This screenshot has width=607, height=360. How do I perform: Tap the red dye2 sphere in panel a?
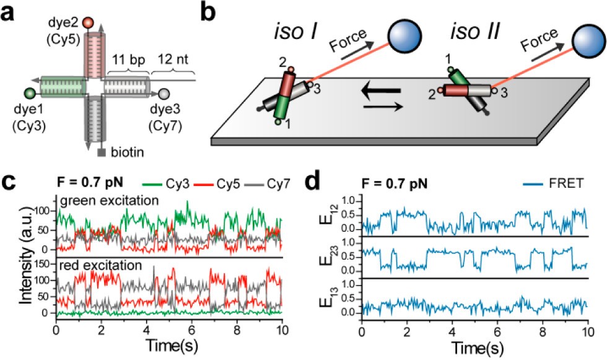88,22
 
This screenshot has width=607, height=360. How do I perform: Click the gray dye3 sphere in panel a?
165,94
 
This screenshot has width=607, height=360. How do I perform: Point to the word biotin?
128,152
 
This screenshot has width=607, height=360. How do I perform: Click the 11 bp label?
129,59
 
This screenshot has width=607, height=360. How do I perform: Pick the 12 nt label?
173,59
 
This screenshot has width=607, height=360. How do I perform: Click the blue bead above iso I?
404,35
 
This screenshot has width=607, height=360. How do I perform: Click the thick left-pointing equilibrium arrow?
380,91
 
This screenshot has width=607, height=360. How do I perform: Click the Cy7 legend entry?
268,183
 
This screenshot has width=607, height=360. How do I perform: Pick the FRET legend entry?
554,183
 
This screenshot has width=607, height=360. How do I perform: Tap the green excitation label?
109,200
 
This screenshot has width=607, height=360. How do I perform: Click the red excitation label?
100,265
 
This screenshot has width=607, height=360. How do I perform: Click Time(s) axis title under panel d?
478,347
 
